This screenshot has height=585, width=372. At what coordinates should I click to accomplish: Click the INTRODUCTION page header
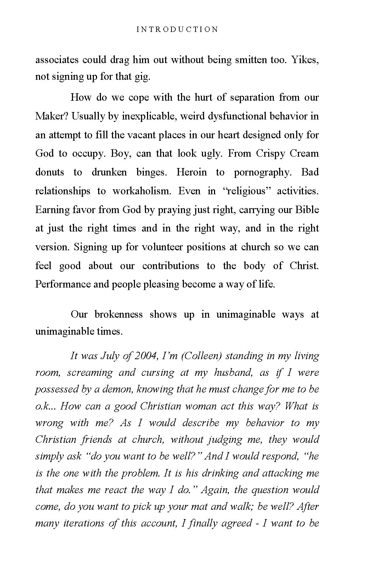click(x=177, y=29)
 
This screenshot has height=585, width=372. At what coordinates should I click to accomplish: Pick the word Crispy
click(x=269, y=154)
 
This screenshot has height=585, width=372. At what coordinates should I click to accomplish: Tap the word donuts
click(x=50, y=172)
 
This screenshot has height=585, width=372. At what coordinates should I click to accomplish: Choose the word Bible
click(x=307, y=210)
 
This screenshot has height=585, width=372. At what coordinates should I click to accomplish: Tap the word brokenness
click(x=118, y=314)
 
